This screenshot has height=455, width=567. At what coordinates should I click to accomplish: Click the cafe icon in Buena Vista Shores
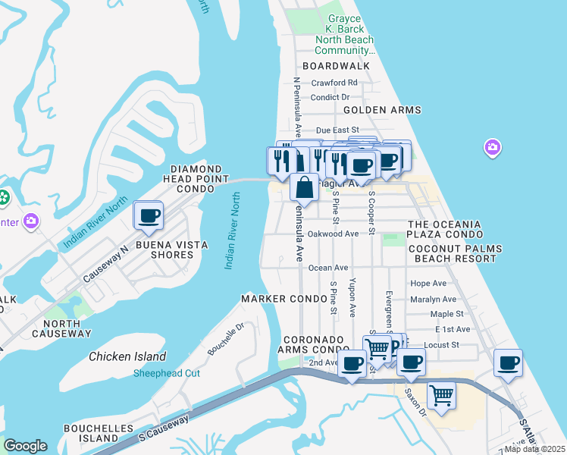point(149,215)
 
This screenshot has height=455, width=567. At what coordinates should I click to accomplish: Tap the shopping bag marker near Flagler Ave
point(304,187)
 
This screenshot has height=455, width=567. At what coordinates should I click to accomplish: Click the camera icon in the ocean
point(493,146)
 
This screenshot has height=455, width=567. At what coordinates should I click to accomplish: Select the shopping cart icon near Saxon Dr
point(441,395)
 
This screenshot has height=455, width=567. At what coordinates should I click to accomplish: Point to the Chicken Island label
point(127,356)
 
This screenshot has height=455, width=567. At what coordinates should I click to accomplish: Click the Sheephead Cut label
point(167,373)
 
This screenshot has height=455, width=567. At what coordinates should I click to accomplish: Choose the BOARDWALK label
point(336,66)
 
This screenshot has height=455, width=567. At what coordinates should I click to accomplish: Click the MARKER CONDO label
point(273,299)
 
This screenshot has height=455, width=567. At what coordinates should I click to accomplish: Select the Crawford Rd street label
point(334,83)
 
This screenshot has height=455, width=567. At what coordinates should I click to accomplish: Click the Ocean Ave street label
point(328,268)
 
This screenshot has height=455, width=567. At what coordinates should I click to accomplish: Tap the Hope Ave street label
point(428,283)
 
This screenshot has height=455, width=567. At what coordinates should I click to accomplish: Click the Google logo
point(25,446)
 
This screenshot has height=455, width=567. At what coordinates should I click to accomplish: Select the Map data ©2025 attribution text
point(534,449)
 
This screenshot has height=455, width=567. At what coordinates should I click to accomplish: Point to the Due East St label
point(337,130)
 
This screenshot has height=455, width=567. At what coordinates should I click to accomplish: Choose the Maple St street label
point(446,313)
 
